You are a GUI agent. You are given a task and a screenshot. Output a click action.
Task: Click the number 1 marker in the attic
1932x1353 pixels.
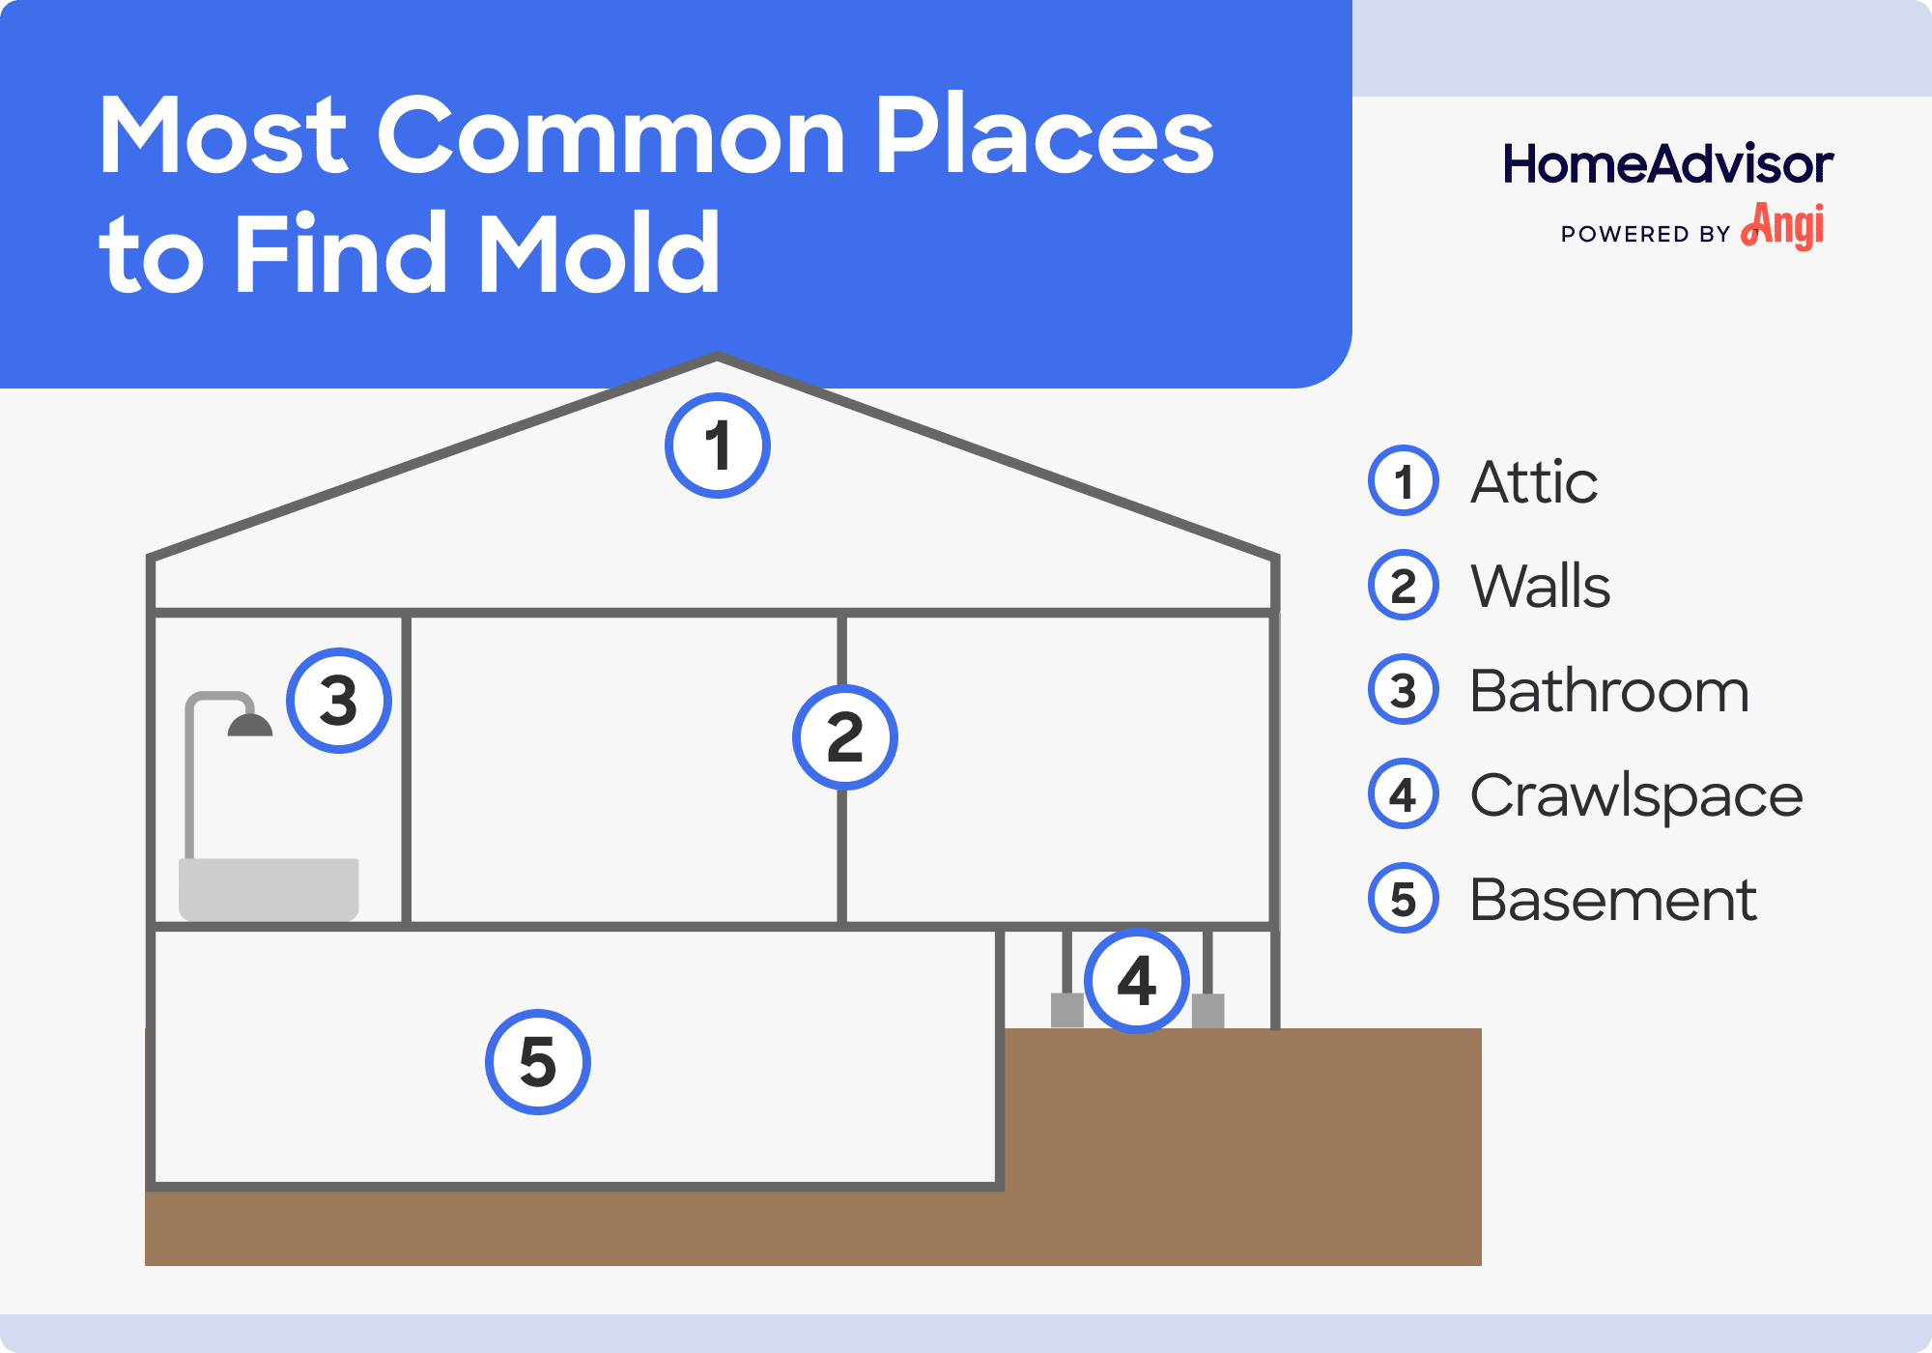click(717, 446)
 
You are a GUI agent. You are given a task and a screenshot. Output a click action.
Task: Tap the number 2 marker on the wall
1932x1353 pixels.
click(844, 737)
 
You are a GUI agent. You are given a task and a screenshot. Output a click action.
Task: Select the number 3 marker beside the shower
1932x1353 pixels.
click(338, 701)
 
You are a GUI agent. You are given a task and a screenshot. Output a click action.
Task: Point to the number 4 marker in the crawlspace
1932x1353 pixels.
click(1136, 980)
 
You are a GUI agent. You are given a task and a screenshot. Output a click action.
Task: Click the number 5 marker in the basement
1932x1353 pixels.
click(537, 1062)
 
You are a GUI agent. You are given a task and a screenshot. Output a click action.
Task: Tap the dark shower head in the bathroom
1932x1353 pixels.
click(249, 726)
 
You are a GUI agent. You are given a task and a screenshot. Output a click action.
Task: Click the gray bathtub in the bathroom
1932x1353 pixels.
click(269, 887)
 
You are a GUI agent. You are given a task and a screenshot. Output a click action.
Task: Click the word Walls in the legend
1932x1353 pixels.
click(1540, 586)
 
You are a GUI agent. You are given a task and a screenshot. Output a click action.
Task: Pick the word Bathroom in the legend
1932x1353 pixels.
click(1608, 691)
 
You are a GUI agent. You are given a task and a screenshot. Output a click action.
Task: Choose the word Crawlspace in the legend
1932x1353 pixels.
click(1635, 795)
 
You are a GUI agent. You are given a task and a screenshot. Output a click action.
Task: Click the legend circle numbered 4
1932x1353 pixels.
click(1403, 794)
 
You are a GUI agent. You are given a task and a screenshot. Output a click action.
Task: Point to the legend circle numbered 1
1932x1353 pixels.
click(1403, 480)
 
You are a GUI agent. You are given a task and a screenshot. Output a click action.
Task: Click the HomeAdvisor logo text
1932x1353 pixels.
click(1667, 164)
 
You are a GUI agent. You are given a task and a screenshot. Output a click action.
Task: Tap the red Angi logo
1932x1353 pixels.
click(1784, 226)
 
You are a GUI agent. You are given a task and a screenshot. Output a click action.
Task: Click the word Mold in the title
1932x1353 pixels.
click(599, 253)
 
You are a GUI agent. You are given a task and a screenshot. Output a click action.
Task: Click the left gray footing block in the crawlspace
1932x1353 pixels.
click(1066, 1010)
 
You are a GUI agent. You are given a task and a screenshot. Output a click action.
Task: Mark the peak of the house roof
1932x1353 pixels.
click(717, 359)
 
